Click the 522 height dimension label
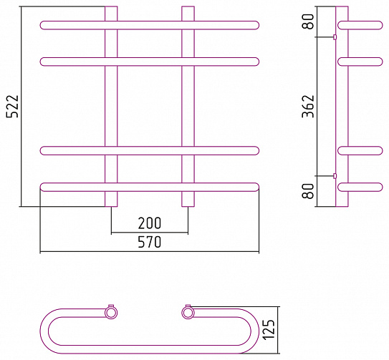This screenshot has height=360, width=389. pyautogui.click(x=12, y=106)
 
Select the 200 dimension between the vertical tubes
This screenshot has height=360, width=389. pyautogui.click(x=150, y=223)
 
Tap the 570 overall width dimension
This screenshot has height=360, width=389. pyautogui.click(x=150, y=242)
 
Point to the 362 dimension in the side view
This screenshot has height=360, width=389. pyautogui.click(x=308, y=106)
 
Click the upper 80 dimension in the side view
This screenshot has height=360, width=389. pyautogui.click(x=308, y=21)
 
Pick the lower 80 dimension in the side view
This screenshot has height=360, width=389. pyautogui.click(x=308, y=191)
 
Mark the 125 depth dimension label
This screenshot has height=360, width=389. pyautogui.click(x=269, y=330)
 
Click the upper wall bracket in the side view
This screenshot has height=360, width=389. pyautogui.click(x=335, y=37)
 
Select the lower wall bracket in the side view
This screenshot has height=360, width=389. pyautogui.click(x=335, y=176)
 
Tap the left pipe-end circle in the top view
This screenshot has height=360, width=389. pyautogui.click(x=111, y=313)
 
